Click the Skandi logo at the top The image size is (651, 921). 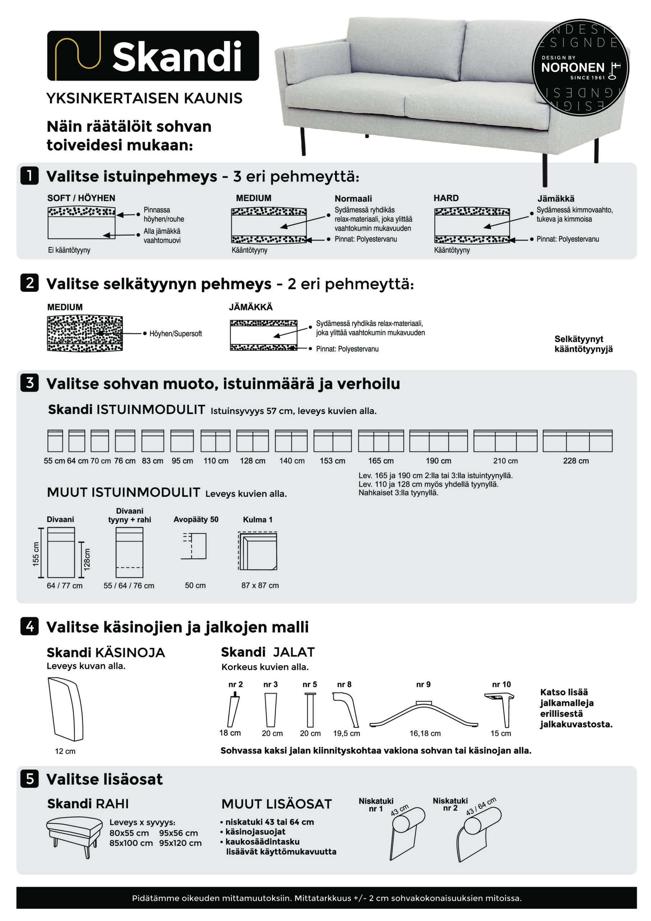(153, 56)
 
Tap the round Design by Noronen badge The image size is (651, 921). (580, 67)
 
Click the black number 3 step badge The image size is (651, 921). (30, 383)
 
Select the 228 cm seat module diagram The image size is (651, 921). (577, 441)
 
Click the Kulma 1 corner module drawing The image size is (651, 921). (257, 551)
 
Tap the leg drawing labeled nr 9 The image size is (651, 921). (423, 714)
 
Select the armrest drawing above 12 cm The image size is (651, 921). (65, 709)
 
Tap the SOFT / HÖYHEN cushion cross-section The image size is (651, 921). (81, 223)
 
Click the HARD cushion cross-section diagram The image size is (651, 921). (472, 226)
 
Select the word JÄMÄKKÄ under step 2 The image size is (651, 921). (251, 307)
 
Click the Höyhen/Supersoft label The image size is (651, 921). (175, 334)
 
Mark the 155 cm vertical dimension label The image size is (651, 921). (36, 554)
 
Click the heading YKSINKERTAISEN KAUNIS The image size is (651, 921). (144, 98)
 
